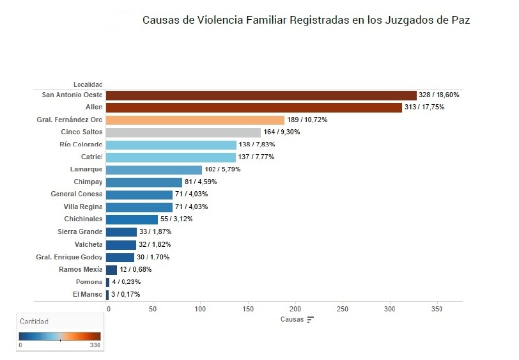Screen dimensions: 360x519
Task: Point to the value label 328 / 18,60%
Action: (438, 95)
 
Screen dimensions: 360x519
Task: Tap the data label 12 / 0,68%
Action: (136, 270)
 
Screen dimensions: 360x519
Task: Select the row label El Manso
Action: (87, 294)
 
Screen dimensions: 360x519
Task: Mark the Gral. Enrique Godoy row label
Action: (69, 257)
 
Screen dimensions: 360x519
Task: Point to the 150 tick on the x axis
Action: (248, 309)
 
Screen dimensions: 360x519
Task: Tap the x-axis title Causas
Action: (292, 319)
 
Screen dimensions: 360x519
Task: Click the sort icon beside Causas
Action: (311, 319)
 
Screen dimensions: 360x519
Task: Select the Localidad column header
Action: (88, 84)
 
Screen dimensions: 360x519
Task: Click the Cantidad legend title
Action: (33, 322)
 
